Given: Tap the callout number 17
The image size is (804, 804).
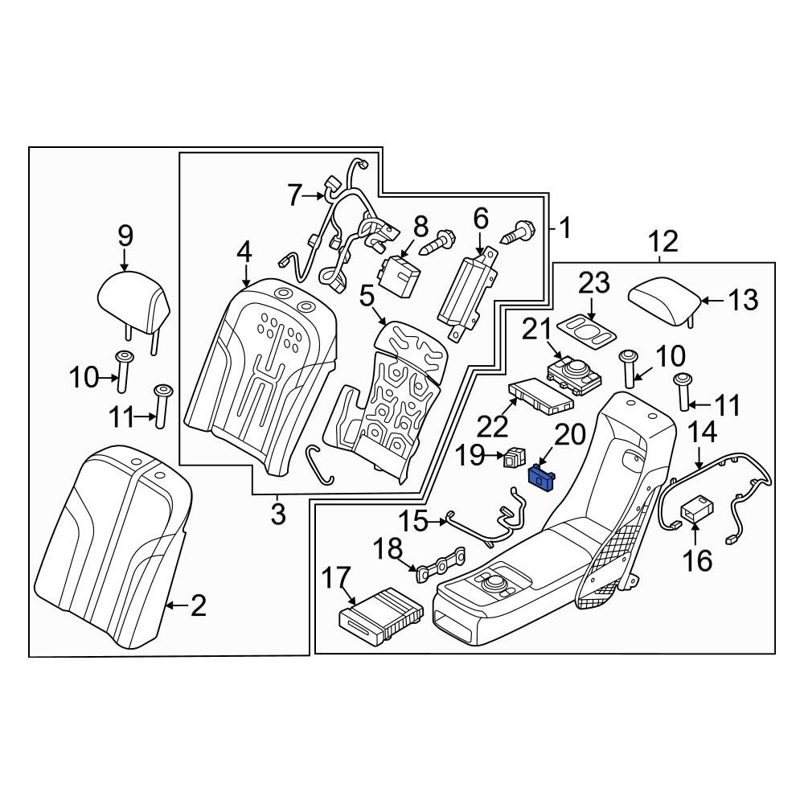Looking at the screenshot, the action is pyautogui.click(x=337, y=579).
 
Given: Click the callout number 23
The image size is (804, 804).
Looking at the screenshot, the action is pyautogui.click(x=594, y=283).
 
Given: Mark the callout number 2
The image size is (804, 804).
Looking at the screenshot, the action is pyautogui.click(x=199, y=606).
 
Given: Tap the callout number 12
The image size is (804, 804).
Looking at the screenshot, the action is pyautogui.click(x=663, y=241).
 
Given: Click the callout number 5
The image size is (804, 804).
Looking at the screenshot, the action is pyautogui.click(x=367, y=297).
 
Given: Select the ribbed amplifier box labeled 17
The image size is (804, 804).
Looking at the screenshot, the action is pyautogui.click(x=382, y=617).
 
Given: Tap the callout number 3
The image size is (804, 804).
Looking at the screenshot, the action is pyautogui.click(x=278, y=514).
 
